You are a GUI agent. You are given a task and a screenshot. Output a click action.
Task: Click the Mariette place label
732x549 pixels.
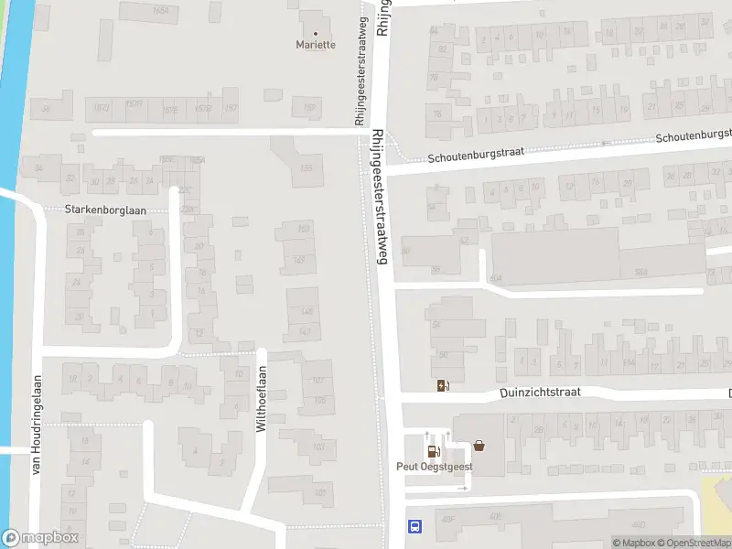tap(316, 44)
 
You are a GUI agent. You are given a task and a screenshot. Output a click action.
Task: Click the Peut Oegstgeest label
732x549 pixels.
tap(434, 466)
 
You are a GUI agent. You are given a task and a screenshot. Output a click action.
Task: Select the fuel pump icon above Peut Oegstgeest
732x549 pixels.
tap(432, 450)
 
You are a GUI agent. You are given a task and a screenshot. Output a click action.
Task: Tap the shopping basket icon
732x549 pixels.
tap(479, 447)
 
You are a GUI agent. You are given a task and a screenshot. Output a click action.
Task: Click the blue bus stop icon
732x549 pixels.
tap(414, 526)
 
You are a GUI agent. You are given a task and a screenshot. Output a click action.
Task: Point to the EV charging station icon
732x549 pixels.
tap(443, 385)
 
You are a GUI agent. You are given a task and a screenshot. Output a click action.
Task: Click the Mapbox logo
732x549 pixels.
tap(40, 538)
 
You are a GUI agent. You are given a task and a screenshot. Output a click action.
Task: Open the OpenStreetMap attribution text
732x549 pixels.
tap(695, 543)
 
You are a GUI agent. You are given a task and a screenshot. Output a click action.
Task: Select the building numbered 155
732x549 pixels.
tap(307, 167)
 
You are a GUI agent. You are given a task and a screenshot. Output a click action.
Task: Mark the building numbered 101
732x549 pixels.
tap(319, 492)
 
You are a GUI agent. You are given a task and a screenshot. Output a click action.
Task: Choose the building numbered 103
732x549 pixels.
tap(319, 447)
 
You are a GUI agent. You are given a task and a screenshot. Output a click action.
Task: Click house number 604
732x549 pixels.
tap(496, 278)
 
